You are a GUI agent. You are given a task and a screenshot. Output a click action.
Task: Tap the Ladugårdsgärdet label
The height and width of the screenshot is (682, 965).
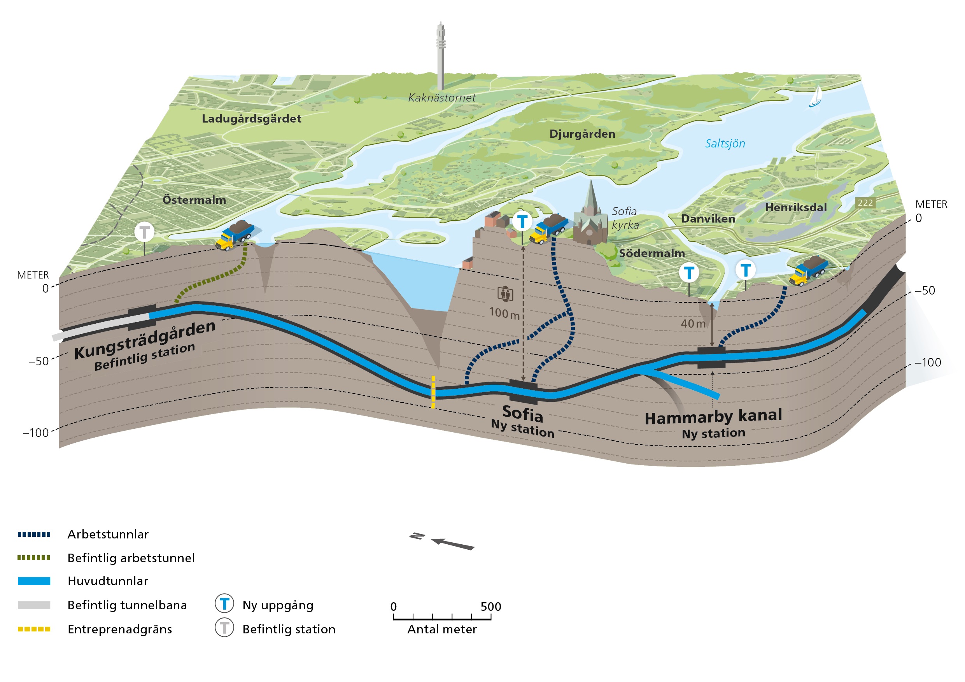pyautogui.click(x=251, y=119)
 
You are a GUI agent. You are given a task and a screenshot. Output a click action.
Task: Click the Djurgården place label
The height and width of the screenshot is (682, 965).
pyautogui.click(x=582, y=134)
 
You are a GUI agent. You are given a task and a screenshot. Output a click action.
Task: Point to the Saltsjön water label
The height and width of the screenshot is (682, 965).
pyautogui.click(x=725, y=144)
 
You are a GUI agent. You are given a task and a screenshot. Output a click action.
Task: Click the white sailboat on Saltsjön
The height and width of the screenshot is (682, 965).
pyautogui.click(x=815, y=97)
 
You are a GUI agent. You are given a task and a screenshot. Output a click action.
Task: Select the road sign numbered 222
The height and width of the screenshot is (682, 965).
pyautogui.click(x=865, y=203)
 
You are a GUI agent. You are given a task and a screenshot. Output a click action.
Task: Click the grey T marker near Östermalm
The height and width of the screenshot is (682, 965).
pyautogui.click(x=144, y=232)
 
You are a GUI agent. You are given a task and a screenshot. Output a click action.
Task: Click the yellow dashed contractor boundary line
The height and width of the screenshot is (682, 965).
pyautogui.click(x=433, y=392)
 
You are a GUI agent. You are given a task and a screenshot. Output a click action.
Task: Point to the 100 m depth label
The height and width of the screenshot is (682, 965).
pyautogui.click(x=504, y=313)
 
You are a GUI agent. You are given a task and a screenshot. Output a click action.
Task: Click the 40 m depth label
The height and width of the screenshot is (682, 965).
pyautogui.click(x=693, y=323)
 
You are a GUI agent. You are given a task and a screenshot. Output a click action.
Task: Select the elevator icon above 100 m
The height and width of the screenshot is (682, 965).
pyautogui.click(x=505, y=294)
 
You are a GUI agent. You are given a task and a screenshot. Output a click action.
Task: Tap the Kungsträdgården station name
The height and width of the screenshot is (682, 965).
pyautogui.click(x=145, y=339)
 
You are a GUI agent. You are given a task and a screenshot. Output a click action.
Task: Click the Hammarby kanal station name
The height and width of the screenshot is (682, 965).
pyautogui.click(x=713, y=416)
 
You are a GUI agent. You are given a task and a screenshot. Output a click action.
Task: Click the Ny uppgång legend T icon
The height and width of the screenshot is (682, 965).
pyautogui.click(x=224, y=604)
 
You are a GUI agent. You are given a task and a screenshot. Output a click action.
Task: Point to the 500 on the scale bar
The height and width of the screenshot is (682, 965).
pyautogui.click(x=490, y=606)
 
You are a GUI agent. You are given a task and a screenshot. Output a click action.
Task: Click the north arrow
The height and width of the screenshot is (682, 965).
pyautogui.click(x=452, y=543)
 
